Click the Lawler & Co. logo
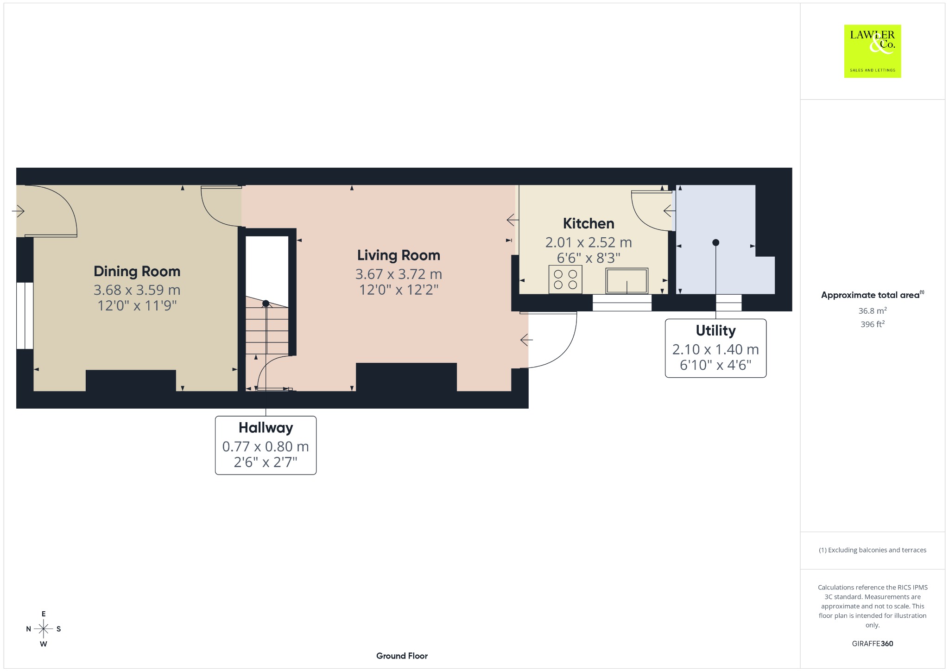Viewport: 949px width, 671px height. coord(873,51)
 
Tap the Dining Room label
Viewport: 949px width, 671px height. coord(137,272)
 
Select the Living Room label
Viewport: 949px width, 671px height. coord(399,255)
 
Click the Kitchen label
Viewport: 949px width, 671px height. coord(588,223)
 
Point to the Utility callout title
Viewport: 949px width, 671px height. coord(715,330)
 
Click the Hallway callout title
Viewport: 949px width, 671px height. coord(266,428)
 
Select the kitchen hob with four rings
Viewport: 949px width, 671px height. coord(565,279)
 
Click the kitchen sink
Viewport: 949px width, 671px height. coord(626,280)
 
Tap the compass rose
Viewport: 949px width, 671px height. coord(44,629)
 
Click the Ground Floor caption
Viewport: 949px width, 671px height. coord(402,656)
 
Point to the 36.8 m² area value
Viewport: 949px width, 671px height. coord(873,311)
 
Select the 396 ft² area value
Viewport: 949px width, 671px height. coord(873,324)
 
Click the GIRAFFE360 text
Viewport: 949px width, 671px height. coord(873,644)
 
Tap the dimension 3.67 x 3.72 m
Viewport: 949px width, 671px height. coord(399,274)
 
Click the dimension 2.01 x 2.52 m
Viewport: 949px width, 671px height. coord(588,242)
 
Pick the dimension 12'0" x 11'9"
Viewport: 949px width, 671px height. coord(137,306)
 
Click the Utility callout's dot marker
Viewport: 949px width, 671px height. coord(715,242)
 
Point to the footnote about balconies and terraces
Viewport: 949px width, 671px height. coord(873,550)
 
